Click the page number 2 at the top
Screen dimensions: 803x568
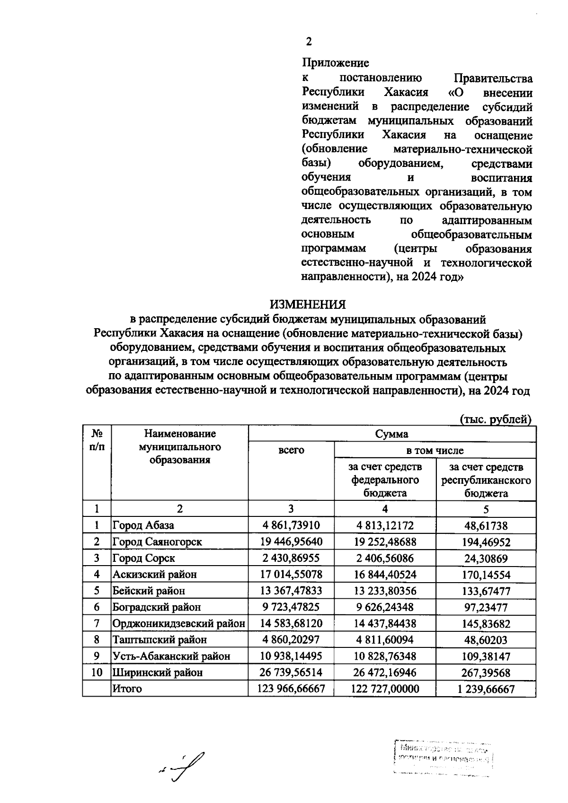[x=309, y=42]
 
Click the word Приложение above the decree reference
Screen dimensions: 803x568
[x=335, y=63]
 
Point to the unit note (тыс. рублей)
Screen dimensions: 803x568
[x=496, y=419]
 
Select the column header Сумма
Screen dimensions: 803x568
[x=391, y=434]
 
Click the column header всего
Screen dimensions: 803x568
[x=291, y=450]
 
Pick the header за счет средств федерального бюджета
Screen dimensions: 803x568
[x=385, y=480]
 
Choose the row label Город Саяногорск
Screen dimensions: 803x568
[x=157, y=542]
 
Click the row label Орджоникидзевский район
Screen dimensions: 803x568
[x=178, y=624]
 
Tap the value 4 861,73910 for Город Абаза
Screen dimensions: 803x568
[x=291, y=525]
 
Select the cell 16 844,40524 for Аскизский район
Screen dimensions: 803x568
[x=385, y=575]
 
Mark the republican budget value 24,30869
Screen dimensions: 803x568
[x=486, y=559]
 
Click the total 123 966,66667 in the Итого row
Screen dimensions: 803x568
[x=291, y=689]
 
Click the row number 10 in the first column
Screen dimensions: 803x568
[x=97, y=672]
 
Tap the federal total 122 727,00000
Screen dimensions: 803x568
[x=385, y=689]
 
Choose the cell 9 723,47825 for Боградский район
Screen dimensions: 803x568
[x=291, y=607]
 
